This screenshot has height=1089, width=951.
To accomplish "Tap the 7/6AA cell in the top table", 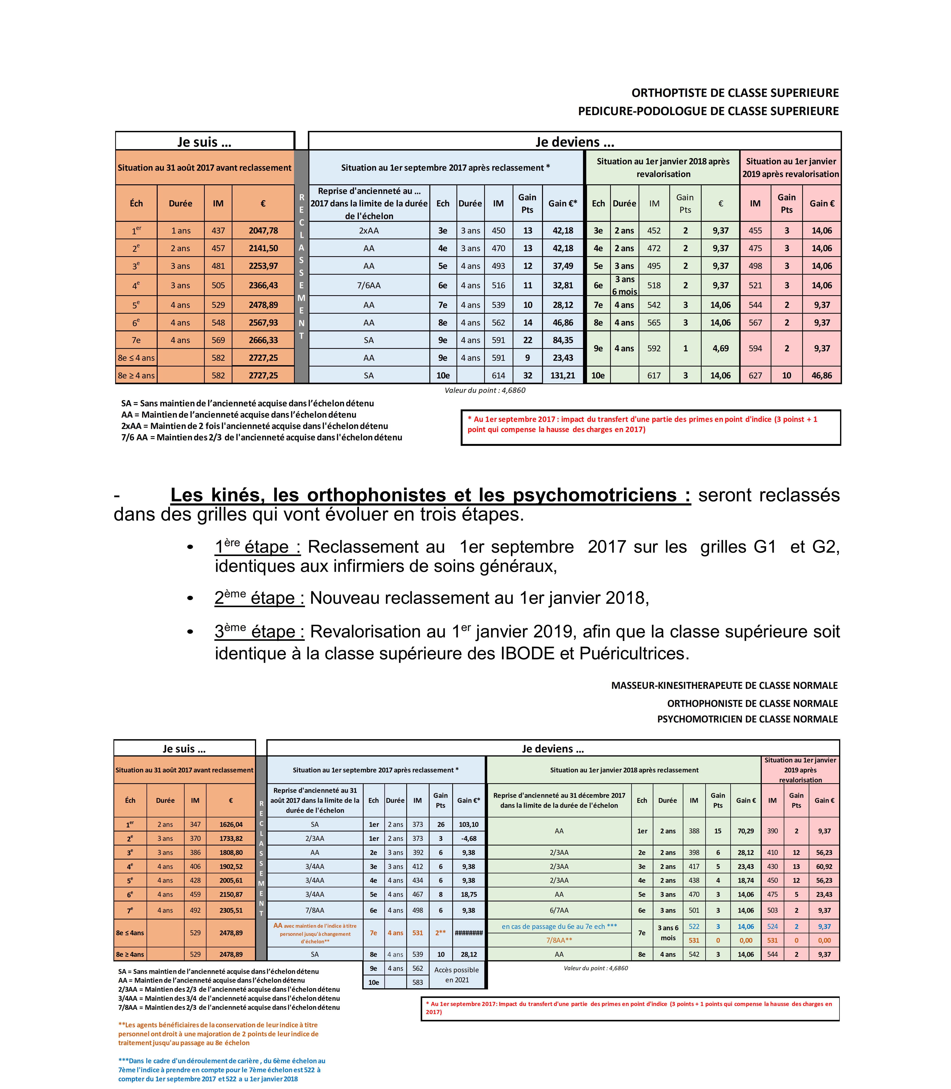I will (369, 285).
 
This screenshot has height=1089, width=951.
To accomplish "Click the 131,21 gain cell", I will (563, 376).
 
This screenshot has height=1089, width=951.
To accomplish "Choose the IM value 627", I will (755, 376).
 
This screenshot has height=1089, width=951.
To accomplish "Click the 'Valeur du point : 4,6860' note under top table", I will (485, 390).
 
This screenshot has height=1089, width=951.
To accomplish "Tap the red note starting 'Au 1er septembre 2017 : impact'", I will (642, 424).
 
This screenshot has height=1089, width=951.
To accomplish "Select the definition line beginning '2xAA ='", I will (255, 426).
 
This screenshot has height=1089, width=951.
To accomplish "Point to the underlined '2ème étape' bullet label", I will (259, 598).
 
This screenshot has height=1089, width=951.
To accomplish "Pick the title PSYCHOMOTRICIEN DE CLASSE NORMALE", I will (747, 719).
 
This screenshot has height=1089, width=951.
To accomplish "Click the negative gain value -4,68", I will (469, 839).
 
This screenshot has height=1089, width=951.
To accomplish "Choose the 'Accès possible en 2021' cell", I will (456, 975).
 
